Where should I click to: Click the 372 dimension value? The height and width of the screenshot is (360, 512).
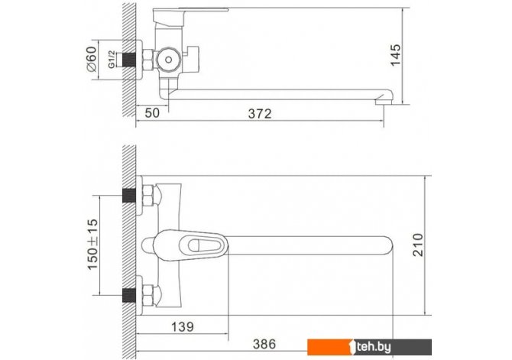point(260,114)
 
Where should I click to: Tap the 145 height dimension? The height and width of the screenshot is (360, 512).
point(395,55)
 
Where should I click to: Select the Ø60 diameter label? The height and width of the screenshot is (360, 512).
point(91,59)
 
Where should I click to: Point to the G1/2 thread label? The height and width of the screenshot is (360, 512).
point(112,60)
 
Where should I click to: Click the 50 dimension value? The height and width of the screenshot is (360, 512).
point(152,113)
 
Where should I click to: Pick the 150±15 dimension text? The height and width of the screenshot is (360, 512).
point(92,245)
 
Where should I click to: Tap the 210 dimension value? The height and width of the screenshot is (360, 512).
point(418,245)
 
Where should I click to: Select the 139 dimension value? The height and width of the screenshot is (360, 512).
point(182,326)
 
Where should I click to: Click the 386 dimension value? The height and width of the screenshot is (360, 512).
point(264,344)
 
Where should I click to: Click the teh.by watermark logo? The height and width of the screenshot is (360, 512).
point(369,347)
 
